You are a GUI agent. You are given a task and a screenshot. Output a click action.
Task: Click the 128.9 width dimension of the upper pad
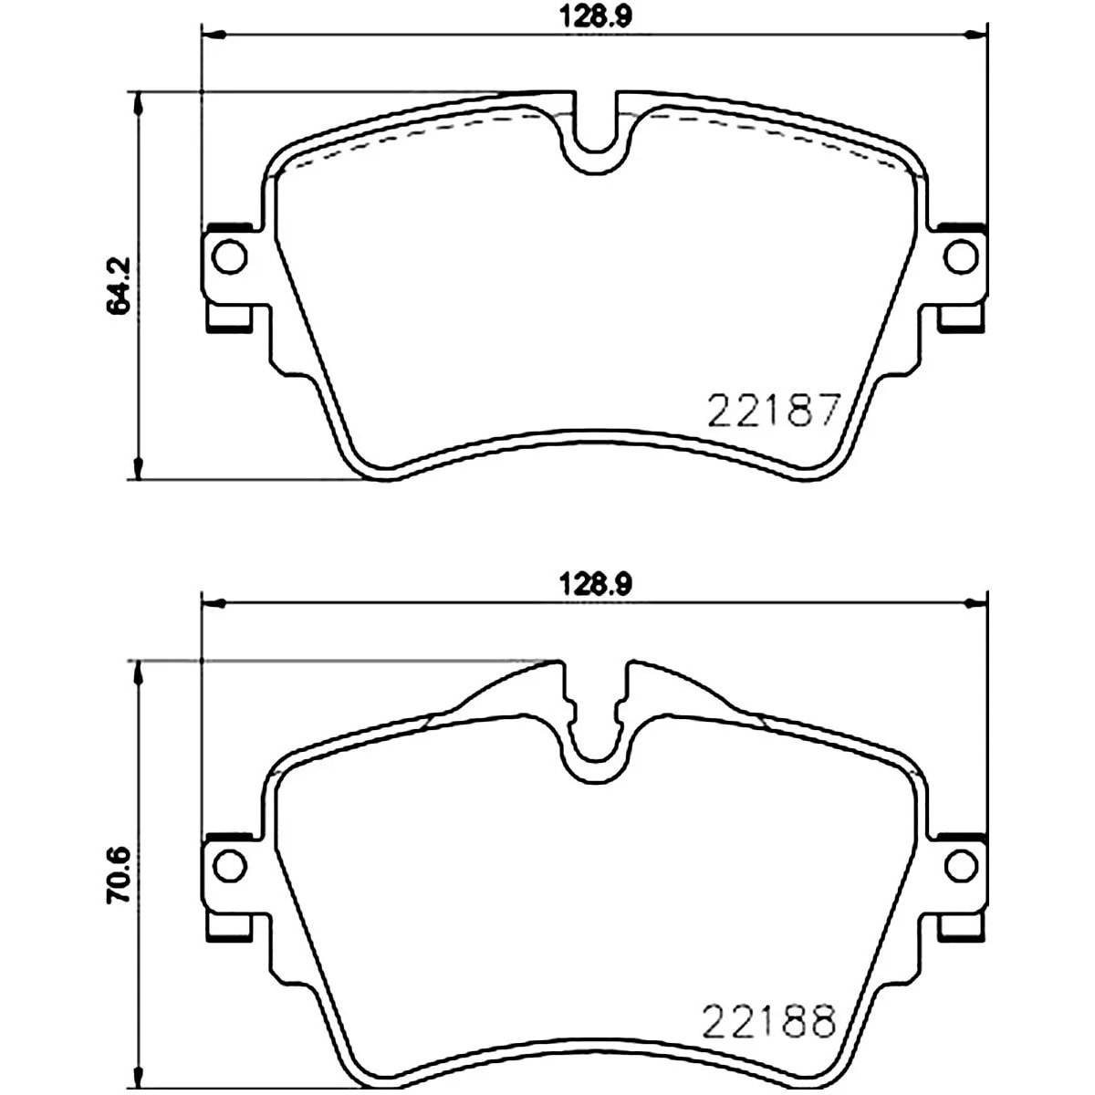point(595,16)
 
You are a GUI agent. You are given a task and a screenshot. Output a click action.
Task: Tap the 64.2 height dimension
point(119,286)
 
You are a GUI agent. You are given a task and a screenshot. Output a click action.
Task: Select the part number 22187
point(774,409)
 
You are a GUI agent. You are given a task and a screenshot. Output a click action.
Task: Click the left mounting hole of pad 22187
point(230,256)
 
